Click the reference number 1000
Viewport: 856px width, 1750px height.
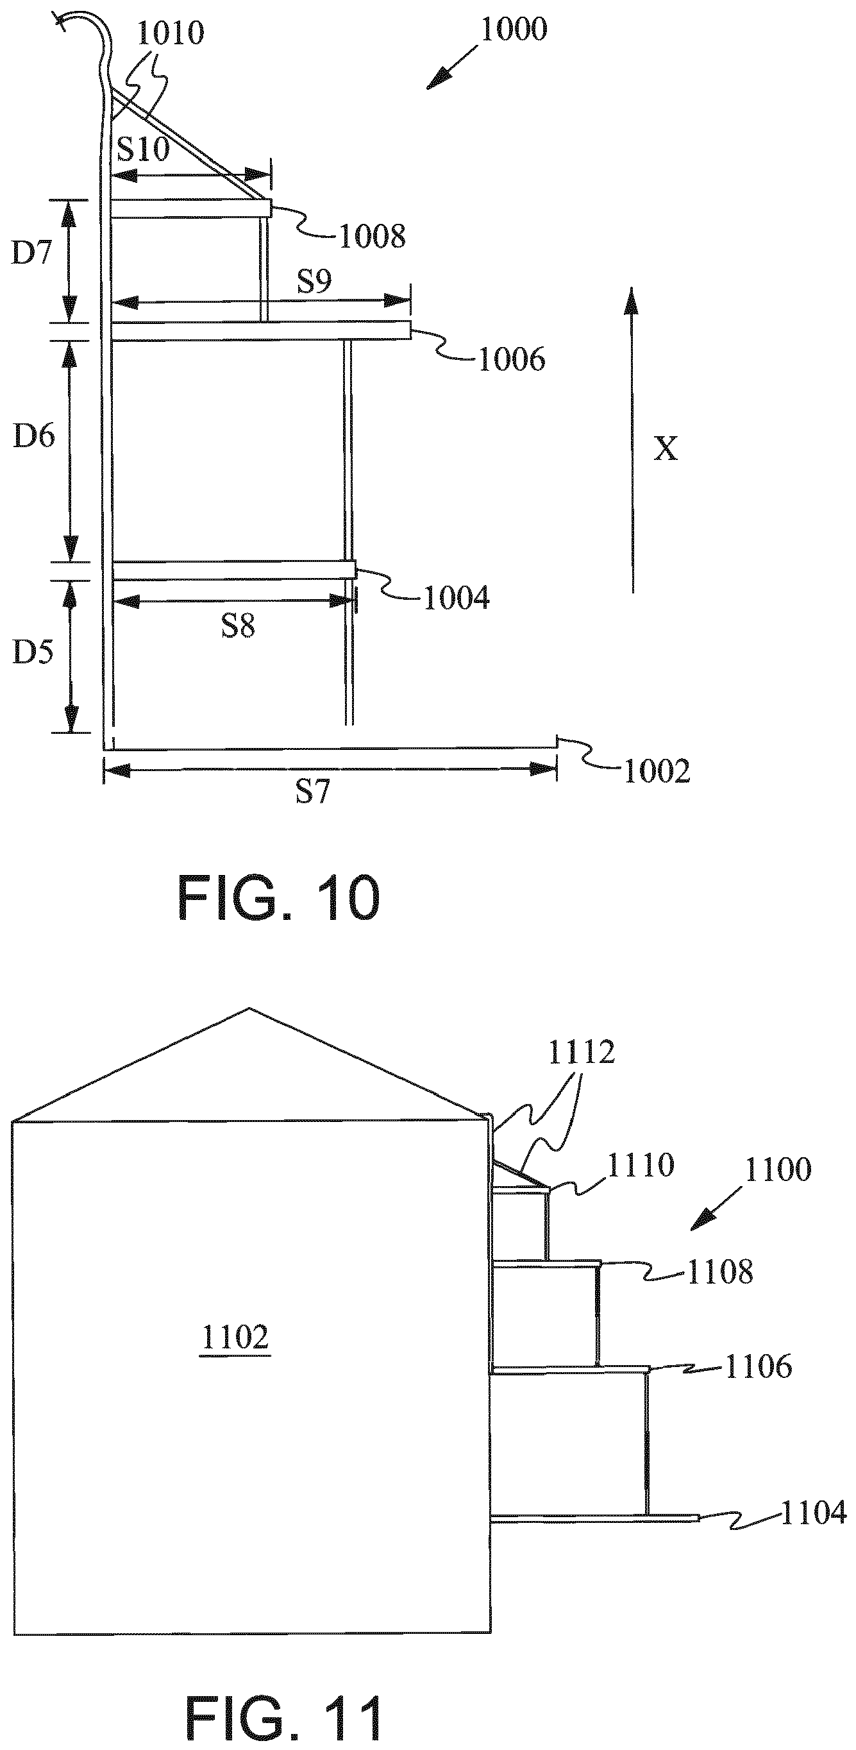pos(513,30)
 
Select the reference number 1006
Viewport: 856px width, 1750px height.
pos(512,359)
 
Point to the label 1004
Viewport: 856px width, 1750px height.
pos(457,599)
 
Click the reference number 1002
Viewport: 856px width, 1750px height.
pos(657,772)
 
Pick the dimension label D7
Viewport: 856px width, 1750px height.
pos(32,253)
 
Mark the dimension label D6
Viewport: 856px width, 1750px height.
pos(34,436)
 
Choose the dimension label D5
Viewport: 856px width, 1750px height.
pos(33,652)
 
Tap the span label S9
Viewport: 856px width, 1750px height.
pos(314,280)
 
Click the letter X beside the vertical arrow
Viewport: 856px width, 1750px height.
pos(666,449)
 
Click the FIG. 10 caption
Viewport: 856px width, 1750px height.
pos(278,898)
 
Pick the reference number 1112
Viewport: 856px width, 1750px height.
pos(581,1052)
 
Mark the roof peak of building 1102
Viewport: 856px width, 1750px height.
pos(250,1008)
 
